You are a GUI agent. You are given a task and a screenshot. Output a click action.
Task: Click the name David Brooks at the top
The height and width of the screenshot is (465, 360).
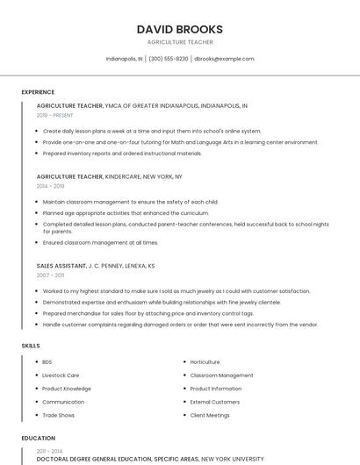(180, 29)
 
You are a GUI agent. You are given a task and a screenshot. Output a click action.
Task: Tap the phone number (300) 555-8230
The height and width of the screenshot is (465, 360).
(168, 59)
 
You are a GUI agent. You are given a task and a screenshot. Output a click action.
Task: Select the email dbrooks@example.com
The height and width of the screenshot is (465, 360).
(224, 59)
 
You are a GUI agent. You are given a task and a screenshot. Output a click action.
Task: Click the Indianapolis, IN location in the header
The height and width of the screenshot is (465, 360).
(124, 59)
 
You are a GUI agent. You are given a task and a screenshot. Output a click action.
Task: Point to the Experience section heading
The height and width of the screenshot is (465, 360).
(38, 92)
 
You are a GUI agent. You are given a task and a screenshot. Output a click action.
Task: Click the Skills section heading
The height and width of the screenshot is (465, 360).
(31, 346)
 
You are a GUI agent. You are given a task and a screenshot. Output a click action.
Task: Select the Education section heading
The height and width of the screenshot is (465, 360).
(38, 438)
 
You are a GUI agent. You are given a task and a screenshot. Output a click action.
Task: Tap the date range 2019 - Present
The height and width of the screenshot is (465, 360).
(54, 115)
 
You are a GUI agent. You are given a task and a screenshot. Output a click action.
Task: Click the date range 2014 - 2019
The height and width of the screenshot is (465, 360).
(50, 186)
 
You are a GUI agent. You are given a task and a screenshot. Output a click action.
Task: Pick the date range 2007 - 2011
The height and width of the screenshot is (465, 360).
(50, 275)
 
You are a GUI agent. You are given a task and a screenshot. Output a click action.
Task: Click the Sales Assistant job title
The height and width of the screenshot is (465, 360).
(61, 265)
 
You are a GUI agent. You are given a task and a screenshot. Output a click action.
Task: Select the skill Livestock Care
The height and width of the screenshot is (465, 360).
(61, 375)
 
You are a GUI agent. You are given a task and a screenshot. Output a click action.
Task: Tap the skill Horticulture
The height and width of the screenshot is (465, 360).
(205, 361)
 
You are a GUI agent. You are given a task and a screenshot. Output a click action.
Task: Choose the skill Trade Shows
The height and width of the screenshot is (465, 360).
(58, 415)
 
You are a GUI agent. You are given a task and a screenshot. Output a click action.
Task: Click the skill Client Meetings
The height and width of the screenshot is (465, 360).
(209, 415)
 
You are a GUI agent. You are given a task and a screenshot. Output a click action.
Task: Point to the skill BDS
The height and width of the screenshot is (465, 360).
(47, 361)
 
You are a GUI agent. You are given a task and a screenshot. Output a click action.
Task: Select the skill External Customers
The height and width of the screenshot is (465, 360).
(214, 402)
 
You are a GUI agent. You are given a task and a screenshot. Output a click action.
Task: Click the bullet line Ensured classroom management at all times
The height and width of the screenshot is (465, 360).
(100, 242)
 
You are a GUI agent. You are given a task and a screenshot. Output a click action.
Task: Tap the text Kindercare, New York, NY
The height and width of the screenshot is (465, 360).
(144, 176)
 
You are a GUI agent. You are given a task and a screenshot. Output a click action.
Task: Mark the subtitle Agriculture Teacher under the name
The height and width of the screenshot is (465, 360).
(180, 42)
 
